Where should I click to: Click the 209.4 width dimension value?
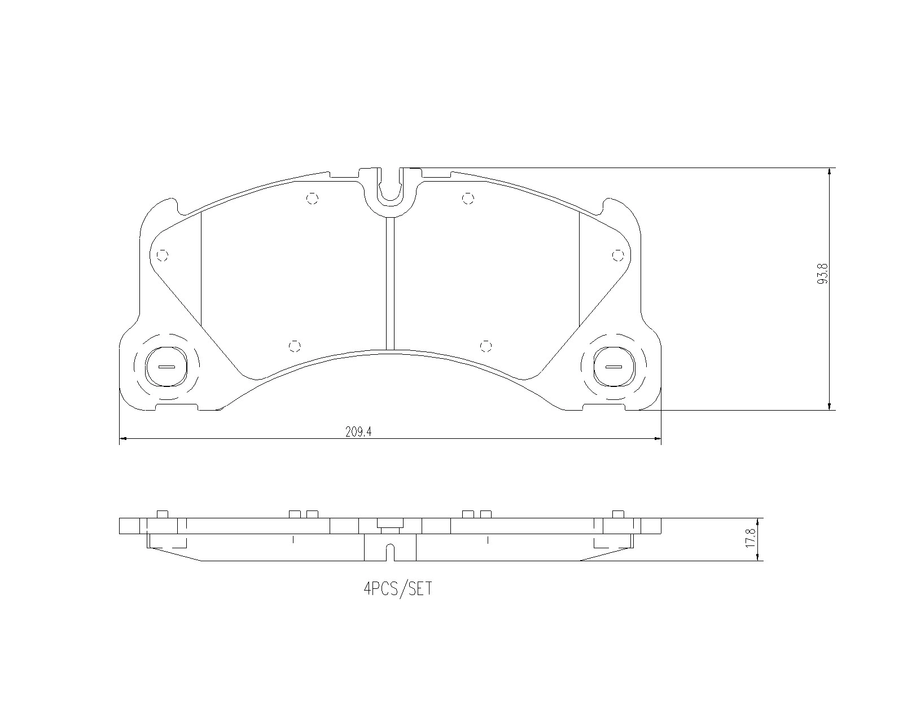(360, 432)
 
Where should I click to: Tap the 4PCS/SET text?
(398, 589)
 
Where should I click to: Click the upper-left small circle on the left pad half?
(313, 198)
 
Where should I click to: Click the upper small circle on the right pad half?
(467, 198)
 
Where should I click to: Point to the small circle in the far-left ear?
(162, 256)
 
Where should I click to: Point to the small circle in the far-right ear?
(618, 256)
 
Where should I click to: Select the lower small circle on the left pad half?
(294, 346)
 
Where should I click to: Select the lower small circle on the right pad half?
(486, 346)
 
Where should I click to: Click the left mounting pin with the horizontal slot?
(166, 367)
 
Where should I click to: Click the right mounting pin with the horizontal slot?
(614, 367)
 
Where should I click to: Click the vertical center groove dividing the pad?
(389, 282)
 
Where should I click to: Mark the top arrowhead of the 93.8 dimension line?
(829, 172)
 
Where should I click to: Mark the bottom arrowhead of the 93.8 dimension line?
(829, 406)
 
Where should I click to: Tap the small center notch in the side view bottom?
(390, 552)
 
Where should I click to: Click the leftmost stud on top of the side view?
(162, 513)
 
